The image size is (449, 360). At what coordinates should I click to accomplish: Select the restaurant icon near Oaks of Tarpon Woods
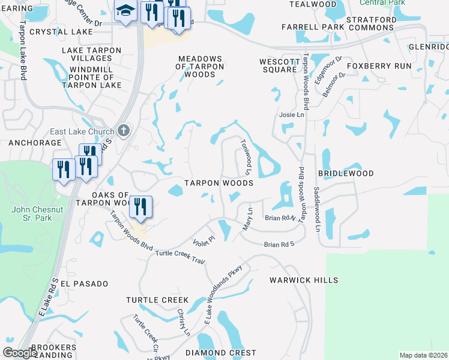pyautogui.click(x=140, y=207)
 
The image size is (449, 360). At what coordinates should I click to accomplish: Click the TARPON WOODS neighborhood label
pyautogui.click(x=218, y=182)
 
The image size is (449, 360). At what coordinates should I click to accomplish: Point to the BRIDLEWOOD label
pyautogui.click(x=346, y=173)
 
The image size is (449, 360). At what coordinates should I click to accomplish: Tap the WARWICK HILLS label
pyautogui.click(x=303, y=280)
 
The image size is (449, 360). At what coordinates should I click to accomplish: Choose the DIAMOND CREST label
pyautogui.click(x=220, y=353)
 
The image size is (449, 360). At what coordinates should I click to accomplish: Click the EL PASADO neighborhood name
pyautogui.click(x=83, y=283)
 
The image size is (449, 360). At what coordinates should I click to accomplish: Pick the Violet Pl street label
pyautogui.click(x=203, y=239)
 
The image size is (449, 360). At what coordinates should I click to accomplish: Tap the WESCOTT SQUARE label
pyautogui.click(x=278, y=65)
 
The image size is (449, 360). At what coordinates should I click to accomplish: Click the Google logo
pyautogui.click(x=20, y=353)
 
